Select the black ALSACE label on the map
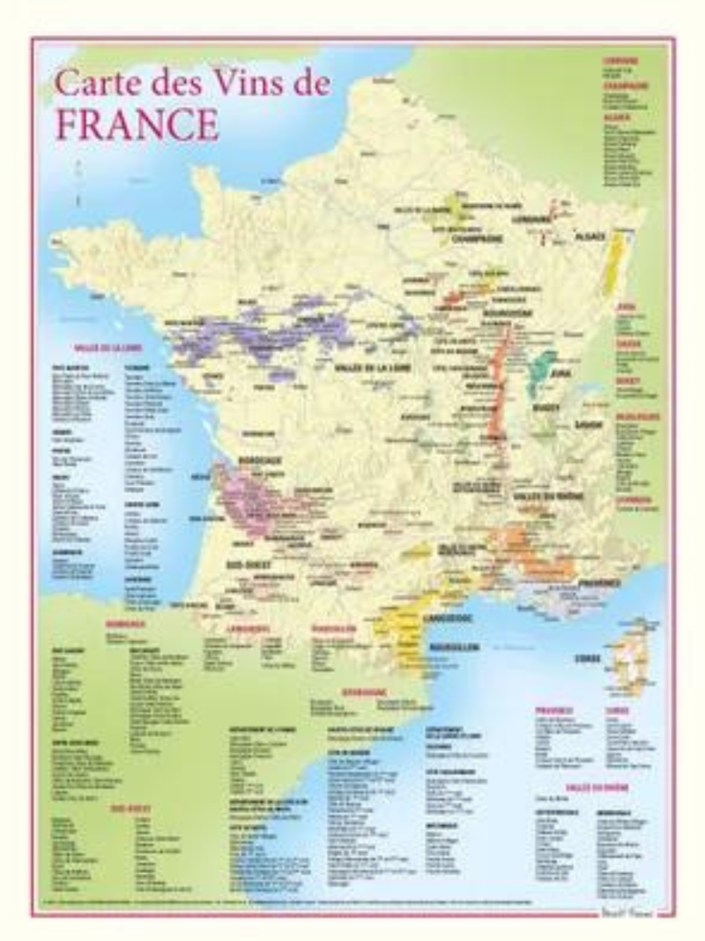[x=590, y=237]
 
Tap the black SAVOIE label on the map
[x=588, y=424]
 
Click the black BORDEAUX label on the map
[x=257, y=461]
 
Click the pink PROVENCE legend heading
[x=553, y=709]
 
